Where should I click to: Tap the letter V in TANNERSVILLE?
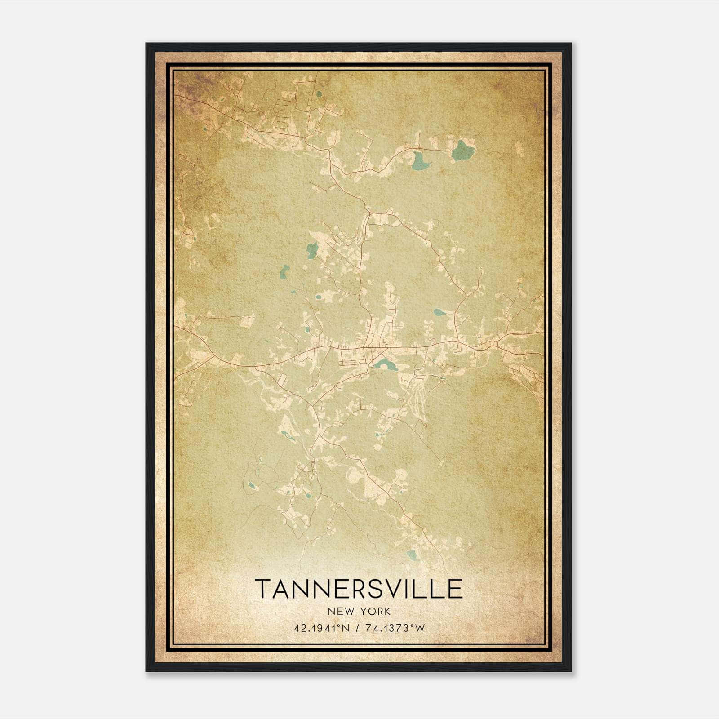(394, 589)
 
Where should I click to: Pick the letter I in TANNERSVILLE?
(410, 589)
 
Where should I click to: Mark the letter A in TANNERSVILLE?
(283, 589)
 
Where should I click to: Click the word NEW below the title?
(340, 611)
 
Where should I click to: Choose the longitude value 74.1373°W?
(394, 628)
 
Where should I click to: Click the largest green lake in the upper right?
(463, 151)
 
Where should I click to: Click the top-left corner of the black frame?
(146, 44)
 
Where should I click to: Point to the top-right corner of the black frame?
(570, 44)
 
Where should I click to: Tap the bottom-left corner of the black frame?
(146, 671)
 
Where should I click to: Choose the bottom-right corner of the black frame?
(570, 671)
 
